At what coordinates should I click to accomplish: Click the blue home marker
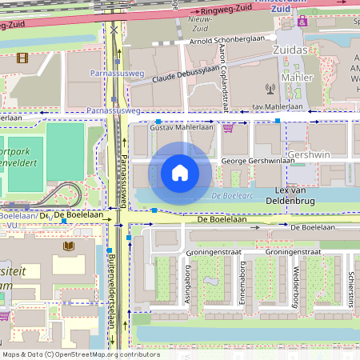[180, 173]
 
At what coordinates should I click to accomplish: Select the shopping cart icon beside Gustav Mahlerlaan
[228, 127]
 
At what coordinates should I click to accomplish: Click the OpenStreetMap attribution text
[81, 354]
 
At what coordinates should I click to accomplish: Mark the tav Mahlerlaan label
[277, 106]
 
